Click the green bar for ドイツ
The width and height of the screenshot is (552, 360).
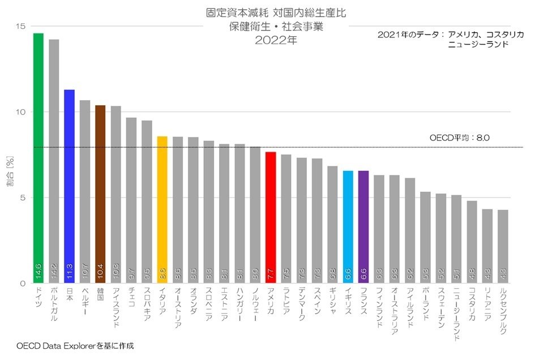(x=38, y=158)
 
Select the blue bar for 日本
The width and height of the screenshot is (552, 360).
(x=69, y=187)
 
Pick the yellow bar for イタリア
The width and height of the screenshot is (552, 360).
(x=162, y=209)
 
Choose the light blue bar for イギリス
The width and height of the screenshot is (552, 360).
(x=348, y=226)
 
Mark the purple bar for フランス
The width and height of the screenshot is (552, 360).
(x=363, y=226)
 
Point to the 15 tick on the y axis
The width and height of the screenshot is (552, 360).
(x=21, y=26)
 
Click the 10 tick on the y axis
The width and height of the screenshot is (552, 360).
(x=21, y=112)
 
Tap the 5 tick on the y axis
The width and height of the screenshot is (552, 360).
(x=23, y=198)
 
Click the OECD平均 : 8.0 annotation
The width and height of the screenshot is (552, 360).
(x=459, y=138)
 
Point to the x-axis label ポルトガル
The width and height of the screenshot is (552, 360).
(x=54, y=305)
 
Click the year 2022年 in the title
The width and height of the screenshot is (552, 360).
(x=276, y=40)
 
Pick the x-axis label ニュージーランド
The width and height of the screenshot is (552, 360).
(x=457, y=313)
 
